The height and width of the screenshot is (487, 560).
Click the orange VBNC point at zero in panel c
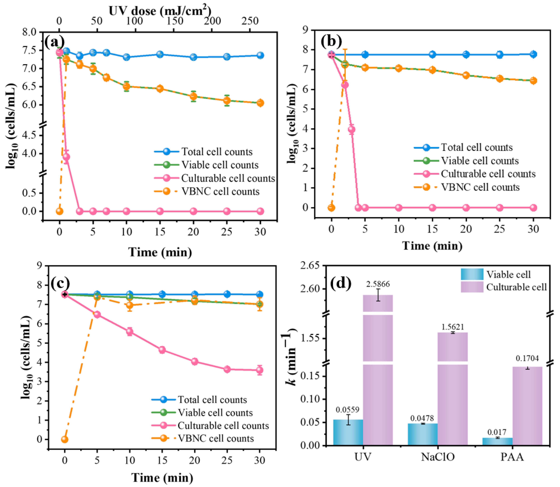[x=64, y=439]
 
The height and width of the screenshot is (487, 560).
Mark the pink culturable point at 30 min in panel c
[x=260, y=370]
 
